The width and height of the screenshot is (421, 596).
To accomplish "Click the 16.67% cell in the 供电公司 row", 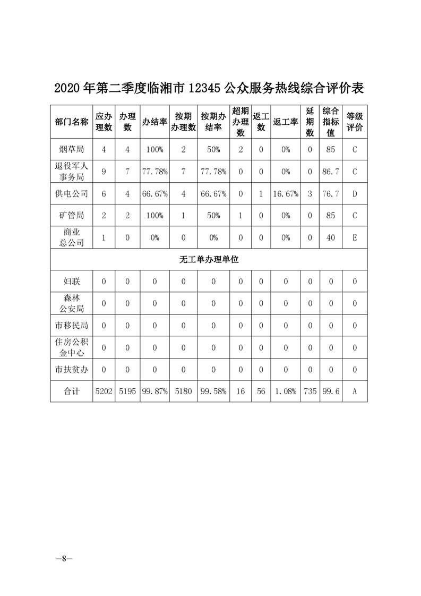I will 286,194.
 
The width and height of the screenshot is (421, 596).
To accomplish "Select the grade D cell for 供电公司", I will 355,194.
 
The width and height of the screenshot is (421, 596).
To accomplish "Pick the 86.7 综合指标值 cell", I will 331,172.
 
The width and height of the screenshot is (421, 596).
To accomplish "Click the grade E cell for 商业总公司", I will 355,238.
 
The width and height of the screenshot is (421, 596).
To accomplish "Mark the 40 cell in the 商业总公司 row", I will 331,238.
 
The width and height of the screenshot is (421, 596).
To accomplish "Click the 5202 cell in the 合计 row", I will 104,391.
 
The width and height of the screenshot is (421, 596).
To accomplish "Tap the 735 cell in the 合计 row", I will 310,391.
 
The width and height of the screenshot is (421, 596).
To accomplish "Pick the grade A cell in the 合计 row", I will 355,391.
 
